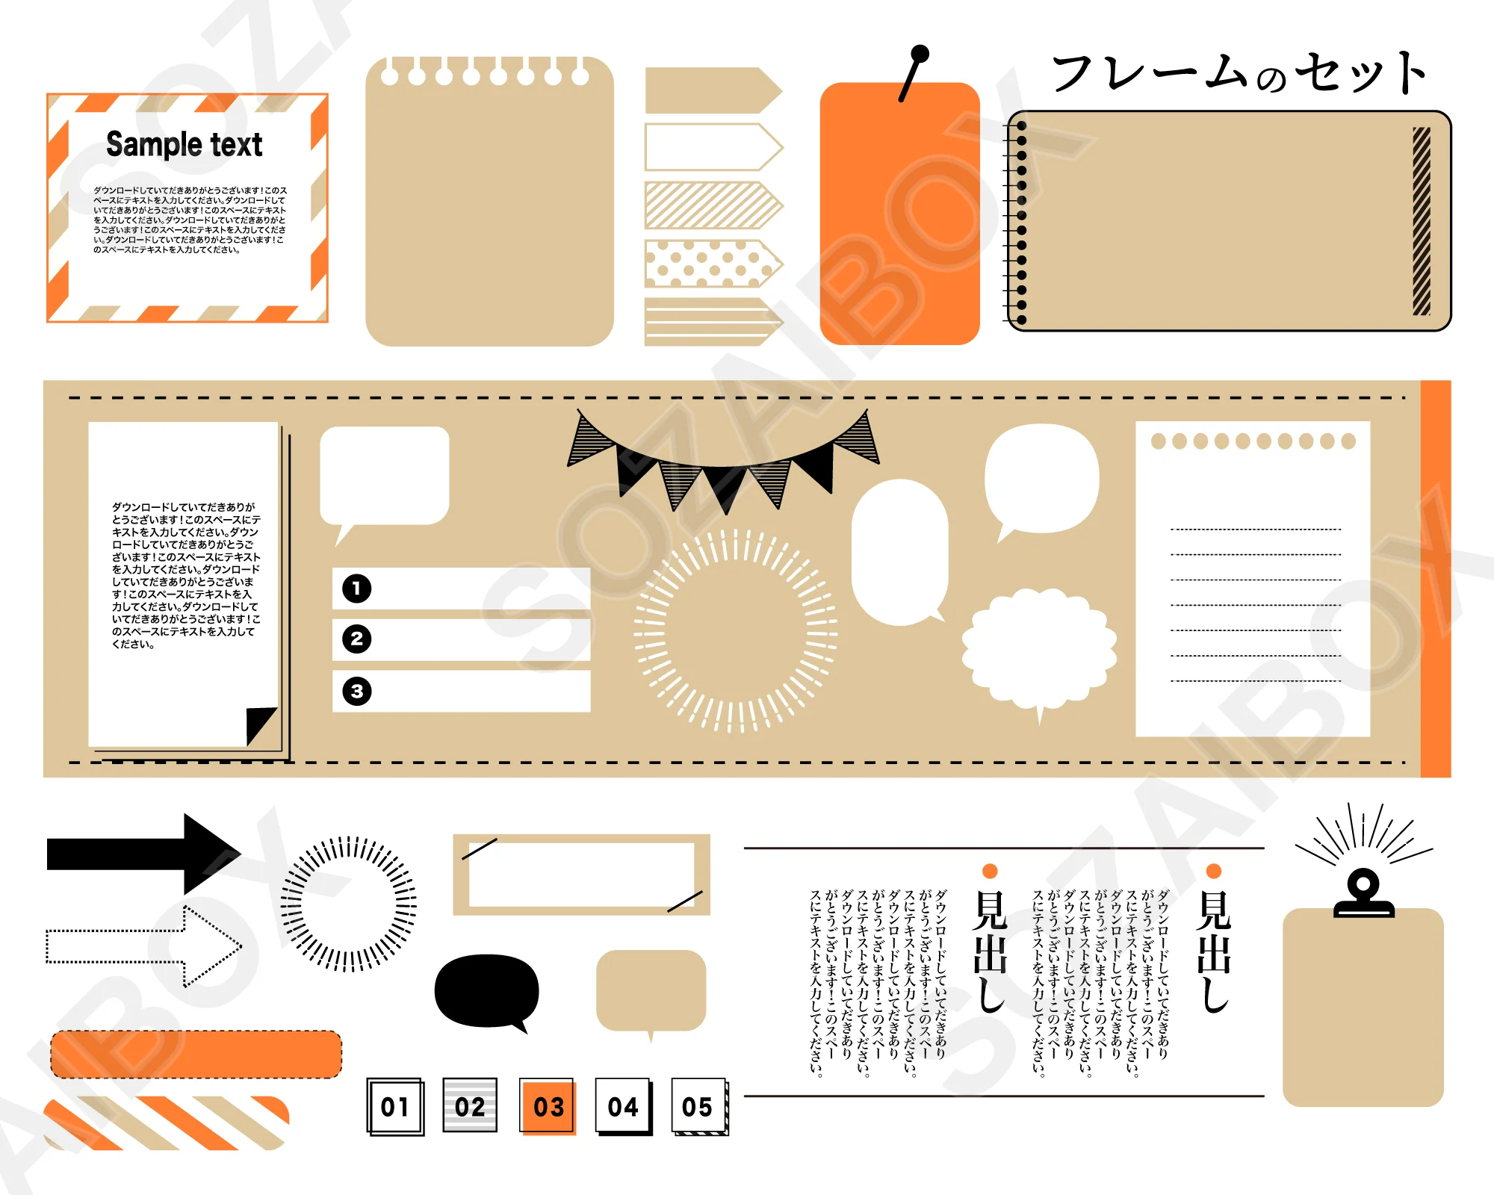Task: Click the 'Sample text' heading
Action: pyautogui.click(x=184, y=144)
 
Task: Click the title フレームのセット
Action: pyautogui.click(x=1239, y=73)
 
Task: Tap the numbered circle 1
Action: pyautogui.click(x=356, y=589)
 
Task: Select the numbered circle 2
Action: pyautogui.click(x=356, y=639)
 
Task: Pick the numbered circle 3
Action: pyautogui.click(x=356, y=691)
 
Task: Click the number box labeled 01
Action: pyautogui.click(x=395, y=1107)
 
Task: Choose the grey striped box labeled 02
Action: pyautogui.click(x=470, y=1105)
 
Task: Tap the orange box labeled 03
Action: pyautogui.click(x=548, y=1107)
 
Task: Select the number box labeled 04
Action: pyautogui.click(x=624, y=1107)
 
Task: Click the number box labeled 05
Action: pyautogui.click(x=699, y=1107)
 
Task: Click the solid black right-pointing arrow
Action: pyautogui.click(x=143, y=854)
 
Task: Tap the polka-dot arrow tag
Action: pyautogui.click(x=713, y=264)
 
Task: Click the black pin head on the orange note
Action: pyautogui.click(x=920, y=54)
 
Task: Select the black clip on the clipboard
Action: pyautogui.click(x=1364, y=894)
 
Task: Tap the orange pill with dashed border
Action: pyautogui.click(x=196, y=1054)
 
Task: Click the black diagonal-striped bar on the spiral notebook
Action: pyautogui.click(x=1422, y=221)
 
